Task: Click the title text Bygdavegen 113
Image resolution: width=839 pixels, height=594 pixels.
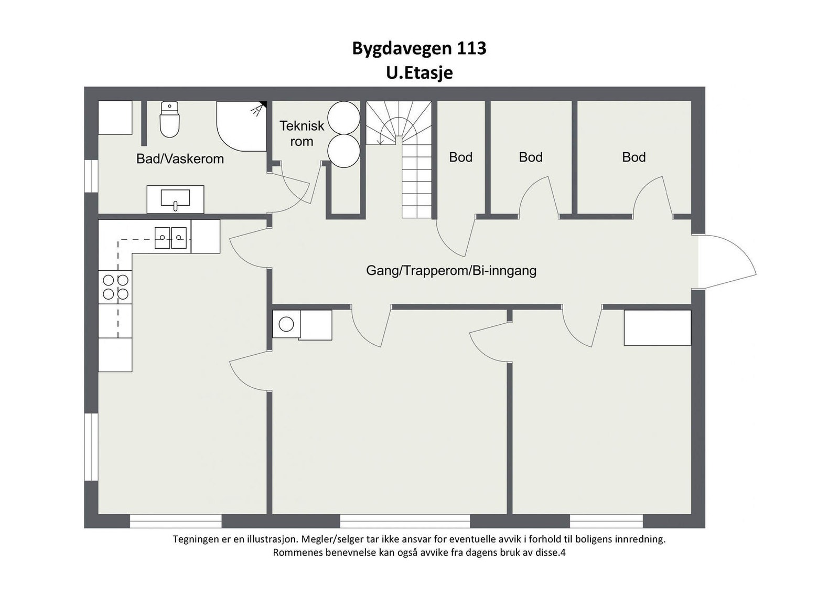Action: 419,48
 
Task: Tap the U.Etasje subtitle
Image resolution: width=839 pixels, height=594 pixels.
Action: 419,72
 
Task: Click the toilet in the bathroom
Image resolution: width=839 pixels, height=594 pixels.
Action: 169,120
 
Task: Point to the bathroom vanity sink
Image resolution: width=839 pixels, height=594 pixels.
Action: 175,199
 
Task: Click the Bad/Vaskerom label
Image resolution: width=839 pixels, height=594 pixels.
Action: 180,159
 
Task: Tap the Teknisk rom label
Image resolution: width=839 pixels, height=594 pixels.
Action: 302,133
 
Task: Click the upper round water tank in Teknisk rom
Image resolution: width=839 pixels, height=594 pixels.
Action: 343,117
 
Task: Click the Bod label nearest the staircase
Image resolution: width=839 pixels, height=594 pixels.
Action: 460,157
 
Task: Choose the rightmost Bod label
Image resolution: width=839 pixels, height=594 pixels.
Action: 633,157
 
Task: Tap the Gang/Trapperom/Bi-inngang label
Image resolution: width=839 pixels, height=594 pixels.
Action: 451,271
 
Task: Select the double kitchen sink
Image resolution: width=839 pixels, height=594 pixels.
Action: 170,238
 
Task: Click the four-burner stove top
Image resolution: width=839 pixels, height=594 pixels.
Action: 115,287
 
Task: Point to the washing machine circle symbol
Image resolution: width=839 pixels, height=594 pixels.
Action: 286,324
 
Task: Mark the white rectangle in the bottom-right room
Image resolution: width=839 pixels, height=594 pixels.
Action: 657,327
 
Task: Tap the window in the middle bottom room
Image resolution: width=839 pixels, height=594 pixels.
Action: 405,521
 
